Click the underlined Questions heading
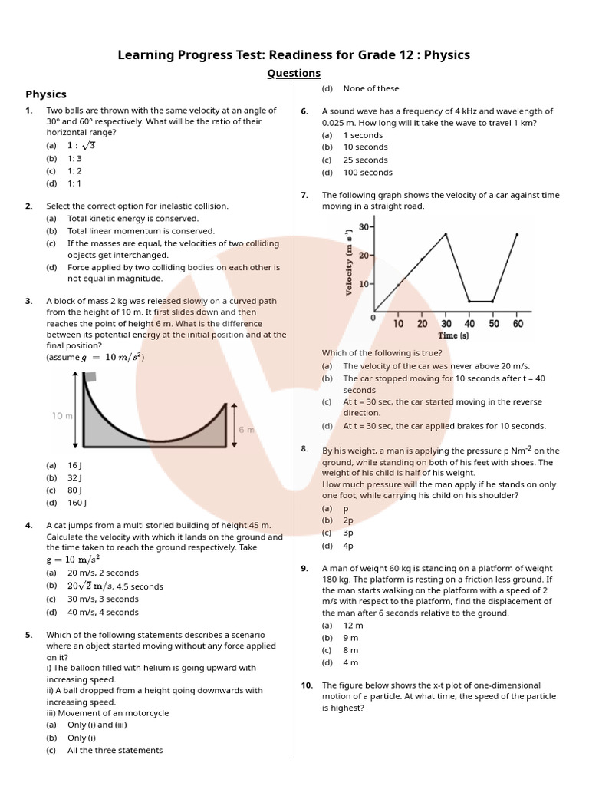[294, 73]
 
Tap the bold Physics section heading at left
[46, 94]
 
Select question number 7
[304, 196]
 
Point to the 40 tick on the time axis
[469, 324]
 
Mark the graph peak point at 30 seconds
[446, 233]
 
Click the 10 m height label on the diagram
[62, 415]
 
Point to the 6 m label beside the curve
[245, 430]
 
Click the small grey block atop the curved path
[90, 376]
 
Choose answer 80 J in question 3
[74, 490]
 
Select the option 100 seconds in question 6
[367, 173]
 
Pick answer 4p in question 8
[348, 546]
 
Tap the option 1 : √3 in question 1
[81, 145]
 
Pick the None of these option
[371, 89]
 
